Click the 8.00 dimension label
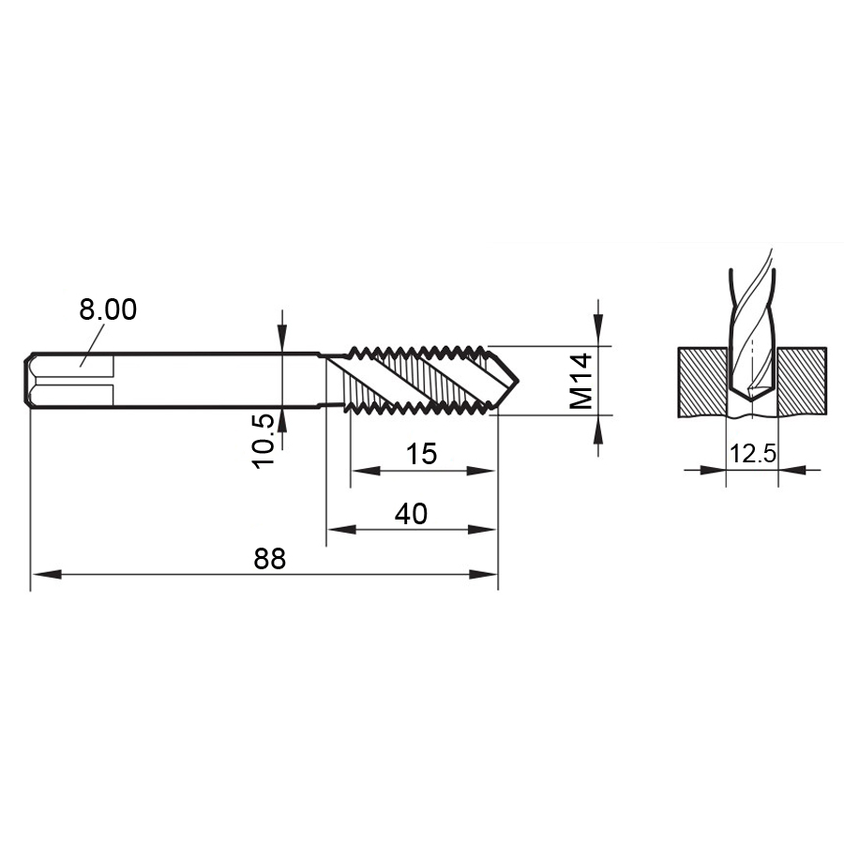pos(108,309)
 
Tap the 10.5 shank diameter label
pos(264,442)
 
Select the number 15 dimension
pos(421,454)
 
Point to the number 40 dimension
pos(411,514)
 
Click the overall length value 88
pos(270,559)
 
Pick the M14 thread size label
pos(581,381)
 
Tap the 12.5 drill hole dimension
pos(752,454)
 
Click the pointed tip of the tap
pos(519,381)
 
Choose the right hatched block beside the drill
pos(802,382)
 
